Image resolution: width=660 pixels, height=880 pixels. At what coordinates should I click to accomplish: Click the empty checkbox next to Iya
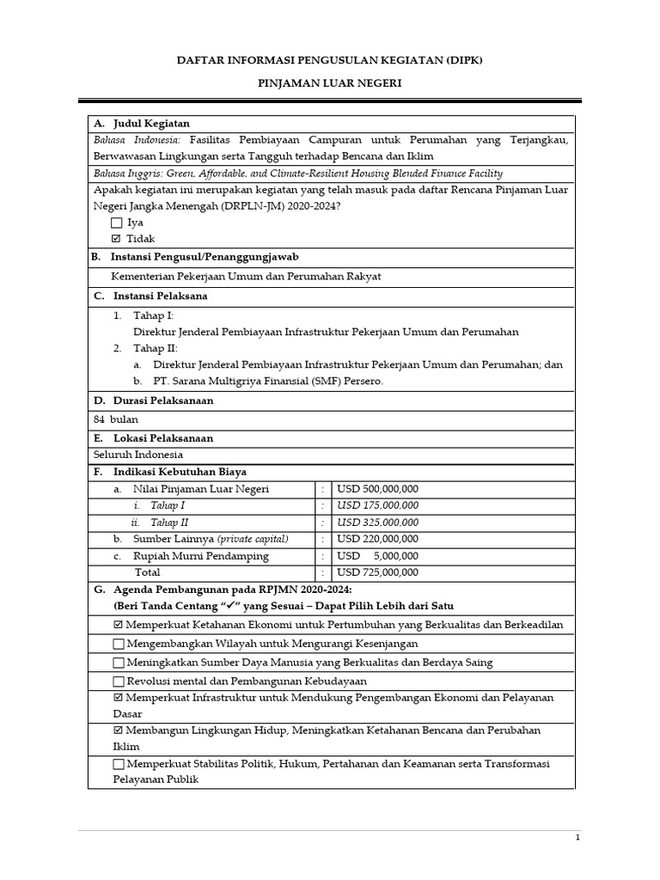pyautogui.click(x=117, y=223)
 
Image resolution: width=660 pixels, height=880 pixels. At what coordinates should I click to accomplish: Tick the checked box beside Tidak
pyautogui.click(x=117, y=239)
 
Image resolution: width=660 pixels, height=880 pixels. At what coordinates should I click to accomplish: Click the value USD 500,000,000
pyautogui.click(x=378, y=489)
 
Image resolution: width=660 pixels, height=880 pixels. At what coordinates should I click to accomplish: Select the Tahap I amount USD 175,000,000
pyautogui.click(x=378, y=505)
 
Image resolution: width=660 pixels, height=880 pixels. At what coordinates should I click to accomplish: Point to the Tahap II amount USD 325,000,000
pyautogui.click(x=378, y=522)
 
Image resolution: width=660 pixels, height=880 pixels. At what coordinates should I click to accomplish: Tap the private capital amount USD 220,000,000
pyautogui.click(x=378, y=539)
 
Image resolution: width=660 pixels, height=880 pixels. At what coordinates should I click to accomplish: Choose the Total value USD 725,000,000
pyautogui.click(x=378, y=572)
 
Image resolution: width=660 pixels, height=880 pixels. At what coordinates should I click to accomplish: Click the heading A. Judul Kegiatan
pyautogui.click(x=141, y=124)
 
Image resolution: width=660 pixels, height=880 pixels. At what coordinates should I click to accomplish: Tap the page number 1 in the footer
pyautogui.click(x=577, y=837)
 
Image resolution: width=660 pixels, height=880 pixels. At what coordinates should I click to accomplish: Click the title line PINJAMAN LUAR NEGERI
pyautogui.click(x=331, y=83)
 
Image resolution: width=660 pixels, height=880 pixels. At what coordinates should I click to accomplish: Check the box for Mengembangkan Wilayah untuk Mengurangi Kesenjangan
pyautogui.click(x=119, y=644)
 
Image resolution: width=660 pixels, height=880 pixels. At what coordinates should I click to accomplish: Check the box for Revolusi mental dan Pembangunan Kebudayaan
pyautogui.click(x=119, y=681)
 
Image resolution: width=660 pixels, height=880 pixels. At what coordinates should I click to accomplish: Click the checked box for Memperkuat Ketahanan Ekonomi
pyautogui.click(x=119, y=625)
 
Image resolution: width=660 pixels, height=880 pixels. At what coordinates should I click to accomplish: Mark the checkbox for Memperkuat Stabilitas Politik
pyautogui.click(x=119, y=764)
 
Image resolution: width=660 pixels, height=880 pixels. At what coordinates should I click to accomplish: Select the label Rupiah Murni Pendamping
pyautogui.click(x=200, y=556)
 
